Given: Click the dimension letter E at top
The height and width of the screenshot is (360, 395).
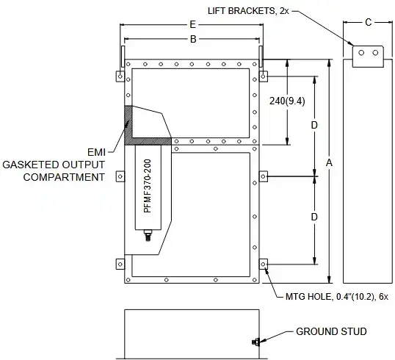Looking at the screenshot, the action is pyautogui.click(x=192, y=25).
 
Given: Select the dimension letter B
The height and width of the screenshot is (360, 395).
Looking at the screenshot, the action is pyautogui.click(x=193, y=39).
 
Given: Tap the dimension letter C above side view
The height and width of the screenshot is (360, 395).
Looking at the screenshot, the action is pyautogui.click(x=368, y=23).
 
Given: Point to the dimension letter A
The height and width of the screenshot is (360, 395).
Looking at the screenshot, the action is pyautogui.click(x=329, y=163).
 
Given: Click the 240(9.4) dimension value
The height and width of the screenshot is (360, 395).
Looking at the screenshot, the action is pyautogui.click(x=287, y=101).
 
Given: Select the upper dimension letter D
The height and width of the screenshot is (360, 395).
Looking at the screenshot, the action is pyautogui.click(x=314, y=125).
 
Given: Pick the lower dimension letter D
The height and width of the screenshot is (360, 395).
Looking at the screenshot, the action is pyautogui.click(x=314, y=217).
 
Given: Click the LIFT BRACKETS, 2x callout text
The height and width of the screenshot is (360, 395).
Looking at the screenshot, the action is pyautogui.click(x=248, y=11).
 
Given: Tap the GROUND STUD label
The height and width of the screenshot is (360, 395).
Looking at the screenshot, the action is pyautogui.click(x=331, y=331).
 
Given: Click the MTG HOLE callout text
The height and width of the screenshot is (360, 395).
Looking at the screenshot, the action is pyautogui.click(x=337, y=297).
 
